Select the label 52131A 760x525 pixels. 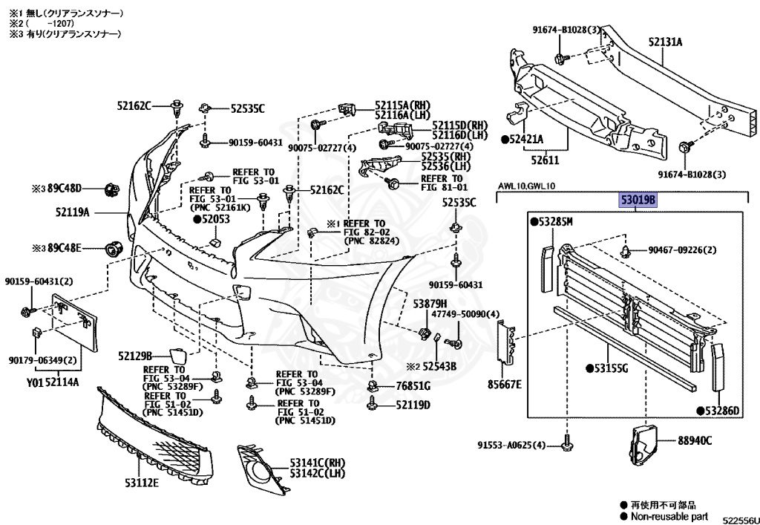664,42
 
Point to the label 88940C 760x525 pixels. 694,440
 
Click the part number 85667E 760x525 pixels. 504,384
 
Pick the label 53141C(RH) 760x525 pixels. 318,462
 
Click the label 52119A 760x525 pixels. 72,212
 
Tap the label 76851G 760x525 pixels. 413,386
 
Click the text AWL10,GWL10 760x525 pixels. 527,186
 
